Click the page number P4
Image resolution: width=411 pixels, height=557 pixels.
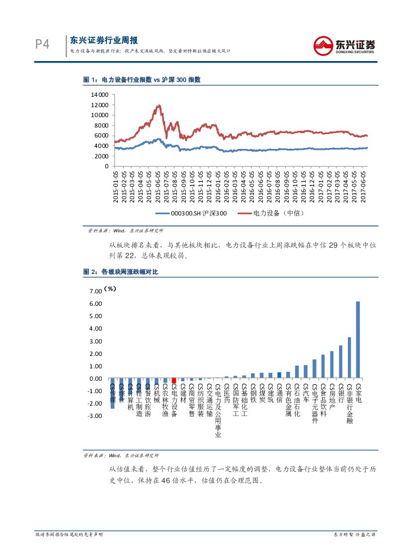point(42,44)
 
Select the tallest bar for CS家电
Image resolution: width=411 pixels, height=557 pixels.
point(357,340)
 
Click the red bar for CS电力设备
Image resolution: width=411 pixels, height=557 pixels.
point(174,381)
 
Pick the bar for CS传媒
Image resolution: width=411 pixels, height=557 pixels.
point(112,393)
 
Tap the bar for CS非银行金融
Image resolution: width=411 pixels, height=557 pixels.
point(349,357)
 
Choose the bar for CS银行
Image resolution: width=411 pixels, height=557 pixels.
point(340,362)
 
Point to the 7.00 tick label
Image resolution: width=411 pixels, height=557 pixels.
point(95,291)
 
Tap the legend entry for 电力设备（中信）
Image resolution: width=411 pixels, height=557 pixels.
point(271,213)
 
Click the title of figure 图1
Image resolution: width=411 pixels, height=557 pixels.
point(142,79)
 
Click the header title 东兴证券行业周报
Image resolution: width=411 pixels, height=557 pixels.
point(103,41)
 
